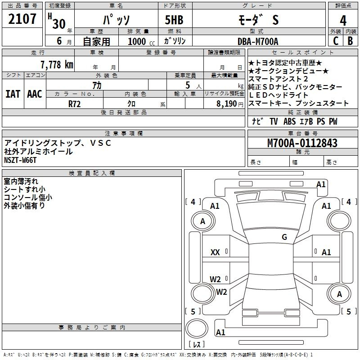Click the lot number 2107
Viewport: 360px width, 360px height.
point(22,19)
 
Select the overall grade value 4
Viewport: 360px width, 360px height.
point(343,20)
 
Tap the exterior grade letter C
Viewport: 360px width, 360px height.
point(336,41)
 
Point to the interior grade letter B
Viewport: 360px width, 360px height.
point(350,41)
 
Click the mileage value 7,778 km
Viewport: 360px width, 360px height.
point(57,64)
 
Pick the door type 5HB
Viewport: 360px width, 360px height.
point(174,20)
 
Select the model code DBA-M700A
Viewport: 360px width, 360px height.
point(258,41)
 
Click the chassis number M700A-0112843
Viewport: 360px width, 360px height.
point(302,143)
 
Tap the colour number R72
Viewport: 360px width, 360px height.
point(75,104)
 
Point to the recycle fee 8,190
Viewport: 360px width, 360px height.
point(227,103)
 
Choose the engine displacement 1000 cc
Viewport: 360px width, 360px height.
point(141,41)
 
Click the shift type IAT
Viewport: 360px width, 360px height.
point(13,94)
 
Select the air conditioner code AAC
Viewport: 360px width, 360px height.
point(35,94)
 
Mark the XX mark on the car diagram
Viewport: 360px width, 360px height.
point(215,252)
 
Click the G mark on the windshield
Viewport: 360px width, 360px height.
point(284,237)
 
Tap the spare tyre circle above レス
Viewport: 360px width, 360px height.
point(197,328)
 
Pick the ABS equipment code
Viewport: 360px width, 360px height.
point(289,121)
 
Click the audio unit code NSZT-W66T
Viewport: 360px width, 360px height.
point(20,160)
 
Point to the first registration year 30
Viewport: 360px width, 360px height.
point(59,24)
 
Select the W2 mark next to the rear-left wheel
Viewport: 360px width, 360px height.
point(221,292)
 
